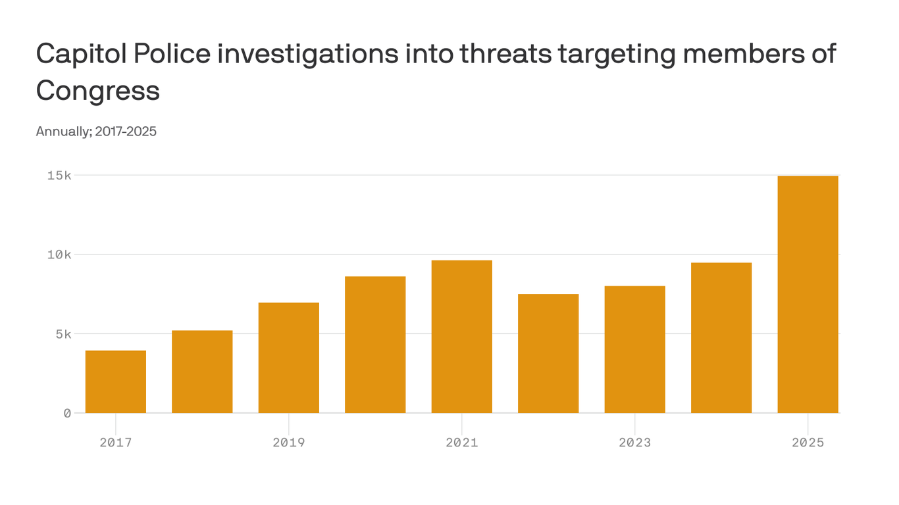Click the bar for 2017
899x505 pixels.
click(x=116, y=381)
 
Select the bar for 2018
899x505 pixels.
click(x=202, y=372)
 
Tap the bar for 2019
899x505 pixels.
click(x=289, y=358)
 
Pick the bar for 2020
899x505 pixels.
click(x=375, y=345)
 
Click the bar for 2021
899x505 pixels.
click(x=462, y=337)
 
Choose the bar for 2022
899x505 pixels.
click(x=548, y=353)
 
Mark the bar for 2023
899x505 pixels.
click(x=635, y=349)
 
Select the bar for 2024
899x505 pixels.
click(x=721, y=337)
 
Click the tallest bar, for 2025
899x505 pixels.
click(x=808, y=295)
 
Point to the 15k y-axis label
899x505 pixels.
click(x=59, y=176)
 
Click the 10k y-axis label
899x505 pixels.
click(x=59, y=254)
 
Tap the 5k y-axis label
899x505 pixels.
click(x=63, y=334)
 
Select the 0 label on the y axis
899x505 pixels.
click(x=67, y=413)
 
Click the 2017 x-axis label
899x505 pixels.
click(x=116, y=443)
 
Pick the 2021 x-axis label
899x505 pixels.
click(x=462, y=443)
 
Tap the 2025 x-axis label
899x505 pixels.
click(x=808, y=443)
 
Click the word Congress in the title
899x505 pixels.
click(x=98, y=90)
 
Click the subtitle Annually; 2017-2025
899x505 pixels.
click(x=96, y=132)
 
